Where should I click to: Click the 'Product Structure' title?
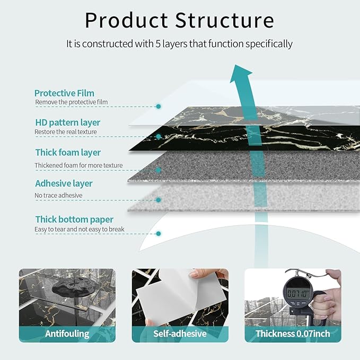coord(180,20)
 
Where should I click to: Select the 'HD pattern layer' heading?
coord(67,122)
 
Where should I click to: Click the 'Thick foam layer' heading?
coord(68,153)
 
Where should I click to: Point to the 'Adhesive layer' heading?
coord(64,183)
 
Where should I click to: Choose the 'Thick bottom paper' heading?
coord(74,219)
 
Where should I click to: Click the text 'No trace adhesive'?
coord(58,196)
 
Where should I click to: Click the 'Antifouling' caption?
coord(67,333)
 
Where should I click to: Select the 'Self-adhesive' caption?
coord(180,333)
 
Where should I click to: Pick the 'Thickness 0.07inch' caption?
coord(293,333)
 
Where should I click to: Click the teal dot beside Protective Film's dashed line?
coord(159,107)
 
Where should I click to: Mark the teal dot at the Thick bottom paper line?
coord(159,233)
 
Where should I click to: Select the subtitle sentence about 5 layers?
coord(180,44)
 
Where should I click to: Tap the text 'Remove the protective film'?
coord(72,102)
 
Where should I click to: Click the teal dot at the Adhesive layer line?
coord(159,200)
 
